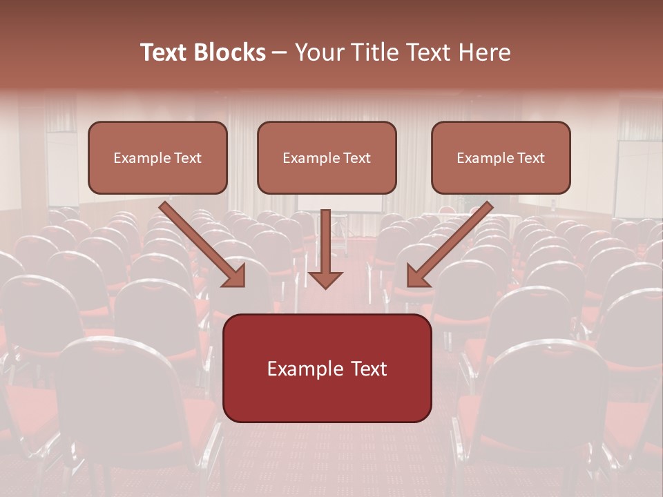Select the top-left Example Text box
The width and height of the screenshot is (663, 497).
pos(157,157)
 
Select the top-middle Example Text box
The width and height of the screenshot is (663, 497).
pos(327,157)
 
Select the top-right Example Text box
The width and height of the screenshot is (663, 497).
pos(501,157)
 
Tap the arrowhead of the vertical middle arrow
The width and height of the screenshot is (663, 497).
pos(325,279)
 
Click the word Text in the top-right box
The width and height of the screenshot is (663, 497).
pos(530,157)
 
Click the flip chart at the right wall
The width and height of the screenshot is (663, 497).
pos(637,179)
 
